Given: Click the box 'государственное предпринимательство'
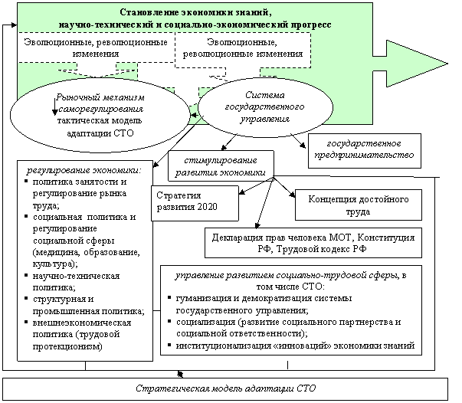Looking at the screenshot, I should tap(364, 149).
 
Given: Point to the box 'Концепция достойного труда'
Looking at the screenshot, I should tap(359, 205).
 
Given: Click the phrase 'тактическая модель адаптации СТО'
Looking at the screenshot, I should tap(95, 126).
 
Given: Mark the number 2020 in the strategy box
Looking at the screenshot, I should tap(207, 207).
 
